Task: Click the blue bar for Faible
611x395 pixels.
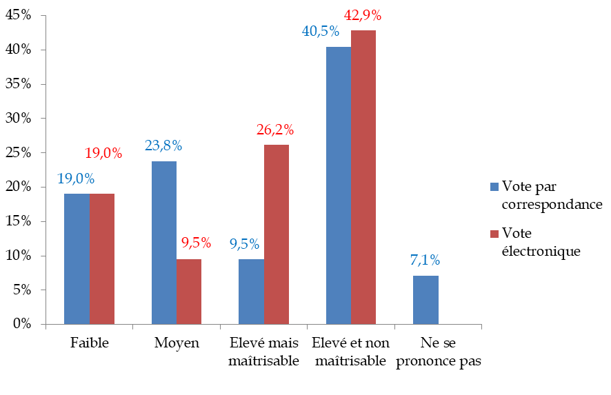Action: tap(77, 259)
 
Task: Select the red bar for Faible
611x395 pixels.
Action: tap(102, 259)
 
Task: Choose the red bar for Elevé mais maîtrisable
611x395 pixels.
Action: tap(277, 234)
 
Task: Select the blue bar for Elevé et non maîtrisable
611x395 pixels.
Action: tap(339, 185)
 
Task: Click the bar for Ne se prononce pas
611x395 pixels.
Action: tap(425, 300)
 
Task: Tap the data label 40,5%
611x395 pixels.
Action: tap(320, 32)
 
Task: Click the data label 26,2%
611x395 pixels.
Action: tap(275, 130)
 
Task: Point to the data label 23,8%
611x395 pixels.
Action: tap(163, 146)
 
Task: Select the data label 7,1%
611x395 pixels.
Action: tap(425, 261)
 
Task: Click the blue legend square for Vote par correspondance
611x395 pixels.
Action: tap(493, 186)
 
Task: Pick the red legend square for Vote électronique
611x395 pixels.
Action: tap(493, 234)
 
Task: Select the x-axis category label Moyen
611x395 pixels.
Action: tap(177, 343)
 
